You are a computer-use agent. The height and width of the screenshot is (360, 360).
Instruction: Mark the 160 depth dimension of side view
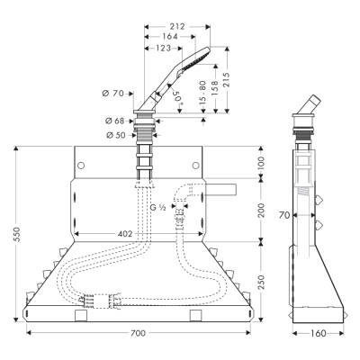pos(319,334)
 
